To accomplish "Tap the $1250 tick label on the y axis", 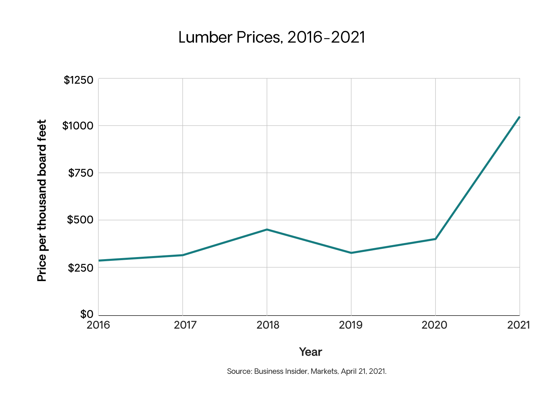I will (x=78, y=80).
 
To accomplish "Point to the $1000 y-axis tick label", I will (x=78, y=126).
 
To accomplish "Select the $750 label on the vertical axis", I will (x=81, y=173).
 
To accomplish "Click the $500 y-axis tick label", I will (x=80, y=220).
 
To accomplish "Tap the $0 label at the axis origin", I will (x=87, y=314).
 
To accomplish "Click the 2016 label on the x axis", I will (x=99, y=325).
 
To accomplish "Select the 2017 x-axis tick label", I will (x=185, y=325).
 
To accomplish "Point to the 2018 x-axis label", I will (x=268, y=325).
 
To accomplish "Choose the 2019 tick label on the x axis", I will (x=351, y=325).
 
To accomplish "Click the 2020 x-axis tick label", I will (x=434, y=325).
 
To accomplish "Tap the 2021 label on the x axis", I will (x=518, y=325).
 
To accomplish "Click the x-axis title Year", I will (x=310, y=352).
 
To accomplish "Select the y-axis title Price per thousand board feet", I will (x=41, y=201).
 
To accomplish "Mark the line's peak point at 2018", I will (x=267, y=229).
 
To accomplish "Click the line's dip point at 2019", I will (x=351, y=253).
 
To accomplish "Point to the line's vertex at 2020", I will (x=435, y=239).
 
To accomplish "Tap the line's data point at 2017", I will (x=183, y=255).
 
